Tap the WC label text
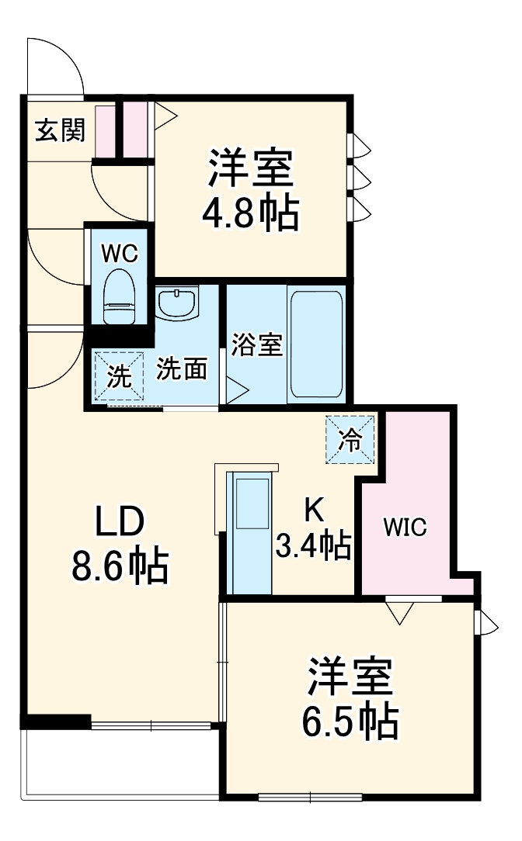pos(120,253)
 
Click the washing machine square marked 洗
pos(118,377)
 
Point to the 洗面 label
pos(183,370)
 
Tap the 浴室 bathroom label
pos(256,344)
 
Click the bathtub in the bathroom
pos(315,344)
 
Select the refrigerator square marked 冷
pos(350,440)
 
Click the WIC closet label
pos(404,528)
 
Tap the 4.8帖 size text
pos(250,213)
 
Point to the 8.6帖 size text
pos(120,568)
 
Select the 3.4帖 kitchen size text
pos(312,545)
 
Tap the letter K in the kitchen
pos(312,508)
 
